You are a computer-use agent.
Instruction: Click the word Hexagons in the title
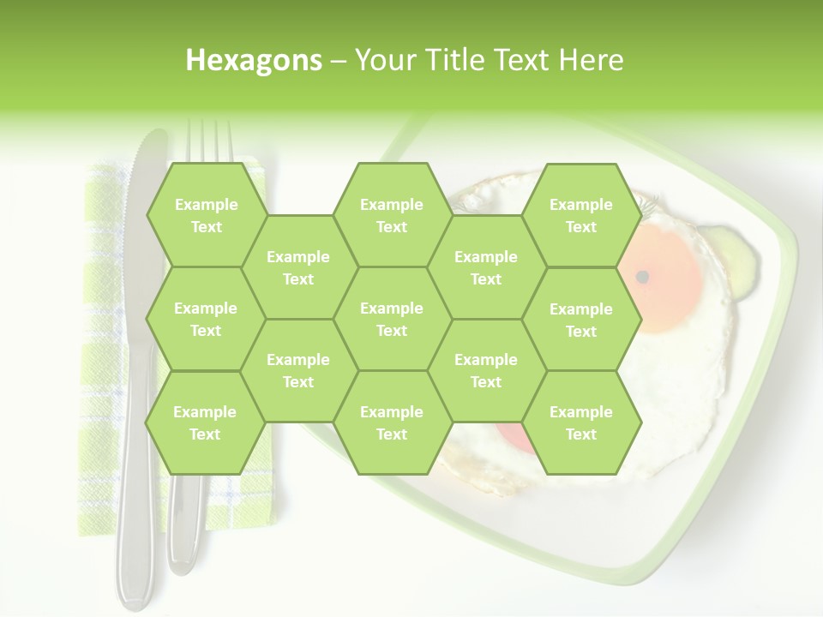(254, 60)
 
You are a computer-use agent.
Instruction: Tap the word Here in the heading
(591, 60)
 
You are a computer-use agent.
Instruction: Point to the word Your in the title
(381, 60)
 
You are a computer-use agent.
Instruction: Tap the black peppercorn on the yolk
(642, 276)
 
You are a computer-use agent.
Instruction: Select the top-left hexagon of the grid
(206, 215)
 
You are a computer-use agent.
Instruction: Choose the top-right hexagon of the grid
(580, 215)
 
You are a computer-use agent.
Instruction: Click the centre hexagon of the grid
(392, 319)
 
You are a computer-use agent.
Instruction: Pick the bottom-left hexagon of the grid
(205, 422)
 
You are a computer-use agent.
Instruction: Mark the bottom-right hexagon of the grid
(580, 422)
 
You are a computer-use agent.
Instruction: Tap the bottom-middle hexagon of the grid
(392, 422)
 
